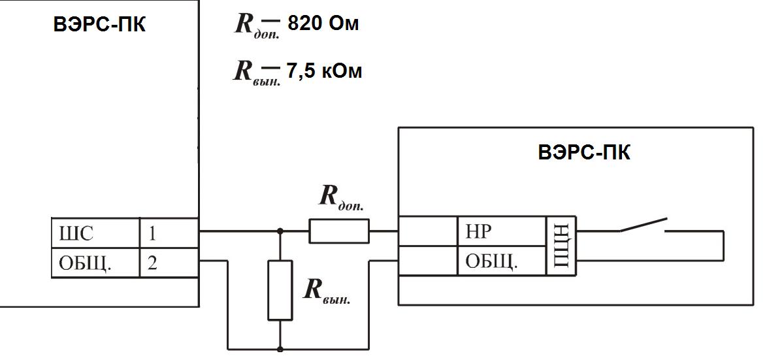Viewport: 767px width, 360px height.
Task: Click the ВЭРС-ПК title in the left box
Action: point(99,27)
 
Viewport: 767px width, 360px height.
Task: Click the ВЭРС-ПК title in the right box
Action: point(584,153)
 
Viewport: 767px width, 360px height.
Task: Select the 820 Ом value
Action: point(323,25)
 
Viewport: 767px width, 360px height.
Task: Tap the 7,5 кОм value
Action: point(323,71)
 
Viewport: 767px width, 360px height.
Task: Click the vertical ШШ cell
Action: point(561,247)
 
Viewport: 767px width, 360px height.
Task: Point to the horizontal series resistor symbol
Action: point(338,231)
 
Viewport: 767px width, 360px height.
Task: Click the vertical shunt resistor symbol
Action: point(280,289)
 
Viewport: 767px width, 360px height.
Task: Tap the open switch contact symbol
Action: point(644,225)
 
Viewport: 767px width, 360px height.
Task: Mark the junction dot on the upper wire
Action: point(280,231)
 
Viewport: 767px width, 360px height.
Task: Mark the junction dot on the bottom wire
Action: point(280,349)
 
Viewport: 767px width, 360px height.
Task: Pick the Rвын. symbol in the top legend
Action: point(256,71)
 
